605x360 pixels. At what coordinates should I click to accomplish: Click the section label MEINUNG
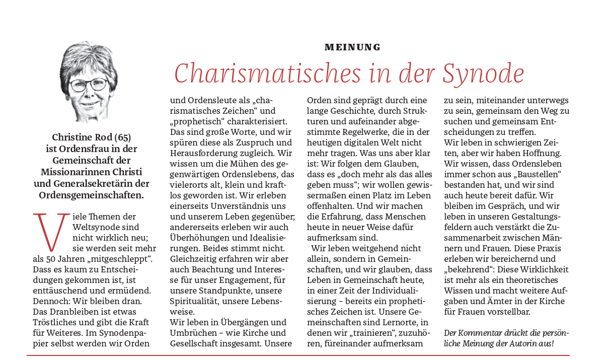pyautogui.click(x=352, y=47)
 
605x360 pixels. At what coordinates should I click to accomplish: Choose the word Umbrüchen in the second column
pyautogui.click(x=194, y=333)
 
